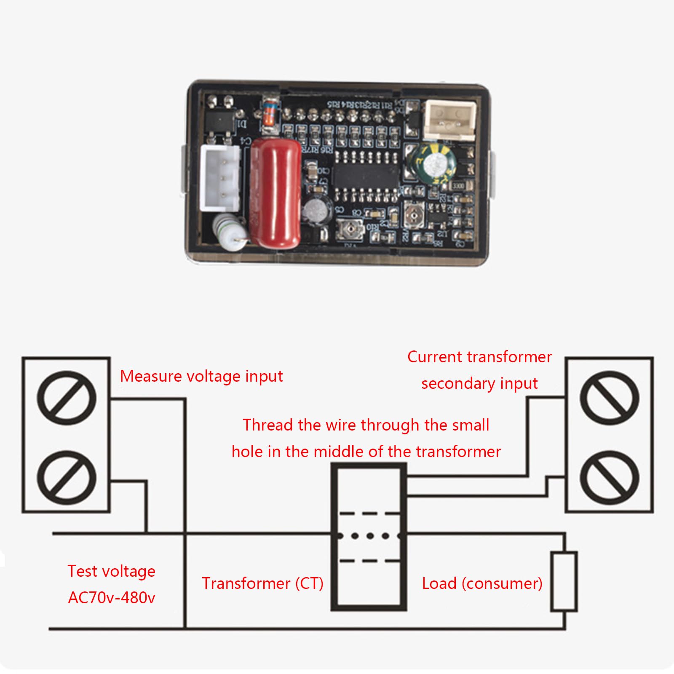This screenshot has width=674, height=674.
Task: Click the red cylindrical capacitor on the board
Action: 275,193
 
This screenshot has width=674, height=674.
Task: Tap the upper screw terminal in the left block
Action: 67,398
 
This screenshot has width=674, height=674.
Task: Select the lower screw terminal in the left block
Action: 67,478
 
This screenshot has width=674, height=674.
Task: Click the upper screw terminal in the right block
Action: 609,398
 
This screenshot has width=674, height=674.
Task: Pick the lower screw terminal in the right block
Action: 609,478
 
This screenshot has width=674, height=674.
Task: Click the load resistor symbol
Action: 564,581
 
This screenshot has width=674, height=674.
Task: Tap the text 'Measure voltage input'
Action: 201,376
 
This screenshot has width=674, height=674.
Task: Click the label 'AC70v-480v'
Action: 112,597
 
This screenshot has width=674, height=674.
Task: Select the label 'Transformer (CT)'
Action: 262,583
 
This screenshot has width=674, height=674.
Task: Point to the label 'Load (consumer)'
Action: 482,583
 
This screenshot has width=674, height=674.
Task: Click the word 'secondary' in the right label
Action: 457,384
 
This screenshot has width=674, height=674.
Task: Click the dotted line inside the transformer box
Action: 369,536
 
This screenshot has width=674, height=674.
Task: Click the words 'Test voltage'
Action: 112,571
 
